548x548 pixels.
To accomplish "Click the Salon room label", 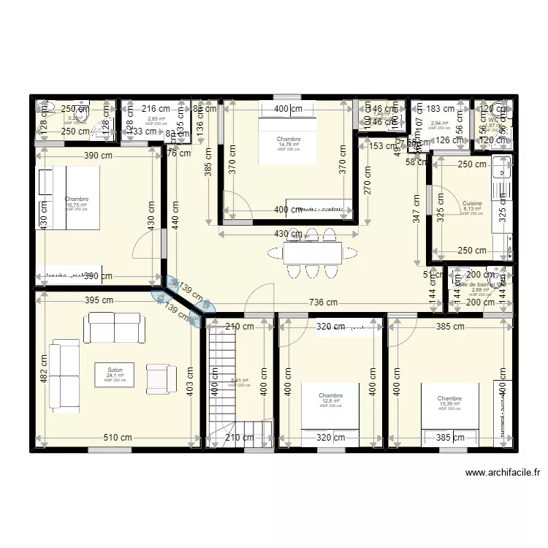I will [115, 370].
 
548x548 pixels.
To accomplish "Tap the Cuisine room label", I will [472, 202].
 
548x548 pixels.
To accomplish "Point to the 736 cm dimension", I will [323, 302].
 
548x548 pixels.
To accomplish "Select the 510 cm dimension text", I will [118, 438].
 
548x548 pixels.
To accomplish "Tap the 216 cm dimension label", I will [156, 109].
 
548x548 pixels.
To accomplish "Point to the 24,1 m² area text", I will [115, 376].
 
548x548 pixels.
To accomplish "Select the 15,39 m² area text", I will [449, 403].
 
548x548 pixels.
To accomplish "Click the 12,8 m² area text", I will [330, 400].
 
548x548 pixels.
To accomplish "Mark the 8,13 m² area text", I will [472, 208].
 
